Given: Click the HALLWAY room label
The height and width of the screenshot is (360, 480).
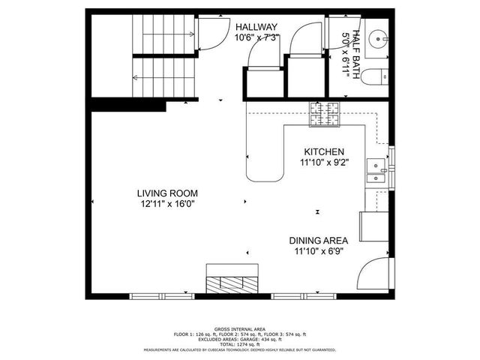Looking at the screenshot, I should point(256,26).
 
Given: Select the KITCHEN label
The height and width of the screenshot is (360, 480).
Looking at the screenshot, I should point(323,151).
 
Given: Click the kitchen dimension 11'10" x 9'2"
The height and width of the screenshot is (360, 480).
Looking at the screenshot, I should point(323,162).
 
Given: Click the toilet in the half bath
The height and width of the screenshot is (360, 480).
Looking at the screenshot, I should point(381,75).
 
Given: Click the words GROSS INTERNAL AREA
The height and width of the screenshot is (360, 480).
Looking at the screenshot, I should point(240,329).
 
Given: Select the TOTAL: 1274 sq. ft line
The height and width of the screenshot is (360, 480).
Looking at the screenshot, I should point(240,343).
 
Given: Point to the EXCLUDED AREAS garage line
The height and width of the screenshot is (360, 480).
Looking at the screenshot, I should point(240,338).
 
